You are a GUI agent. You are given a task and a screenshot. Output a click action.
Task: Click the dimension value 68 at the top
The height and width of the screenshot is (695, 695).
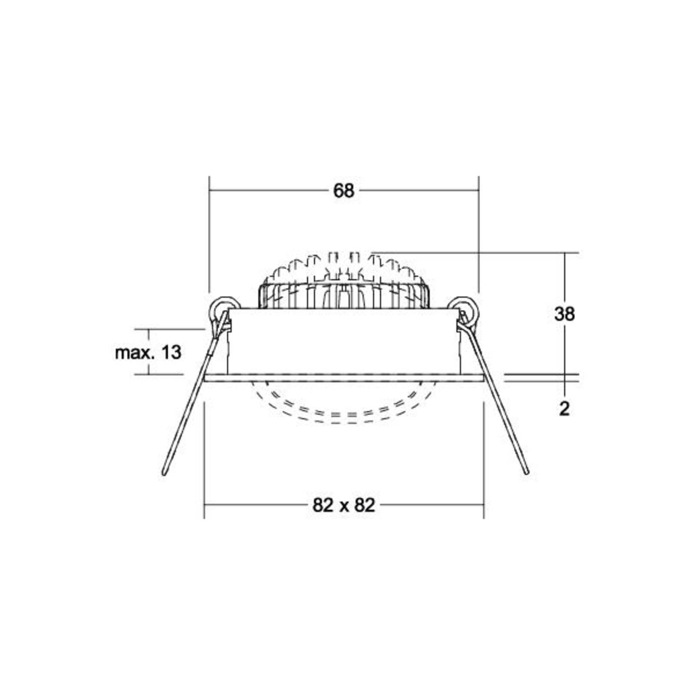pyautogui.click(x=344, y=191)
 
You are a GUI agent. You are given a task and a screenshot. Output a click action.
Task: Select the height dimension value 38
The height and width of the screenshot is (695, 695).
pyautogui.click(x=564, y=314)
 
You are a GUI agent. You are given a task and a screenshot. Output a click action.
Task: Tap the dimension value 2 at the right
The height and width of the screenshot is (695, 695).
pyautogui.click(x=564, y=409)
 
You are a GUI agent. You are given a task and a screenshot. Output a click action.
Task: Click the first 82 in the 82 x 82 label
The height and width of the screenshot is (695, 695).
pyautogui.click(x=323, y=505)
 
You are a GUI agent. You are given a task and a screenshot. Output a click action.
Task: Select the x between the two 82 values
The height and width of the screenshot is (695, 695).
pyautogui.click(x=344, y=506)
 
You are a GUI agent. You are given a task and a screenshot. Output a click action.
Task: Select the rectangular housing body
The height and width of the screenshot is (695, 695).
pyautogui.click(x=343, y=341)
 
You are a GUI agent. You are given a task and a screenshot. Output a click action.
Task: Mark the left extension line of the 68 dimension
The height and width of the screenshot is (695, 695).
pyautogui.click(x=209, y=235)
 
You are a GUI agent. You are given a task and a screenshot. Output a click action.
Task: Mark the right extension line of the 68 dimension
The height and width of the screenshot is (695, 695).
pyautogui.click(x=478, y=235)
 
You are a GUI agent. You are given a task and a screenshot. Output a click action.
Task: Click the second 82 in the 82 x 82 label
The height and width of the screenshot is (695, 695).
pyautogui.click(x=364, y=505)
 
